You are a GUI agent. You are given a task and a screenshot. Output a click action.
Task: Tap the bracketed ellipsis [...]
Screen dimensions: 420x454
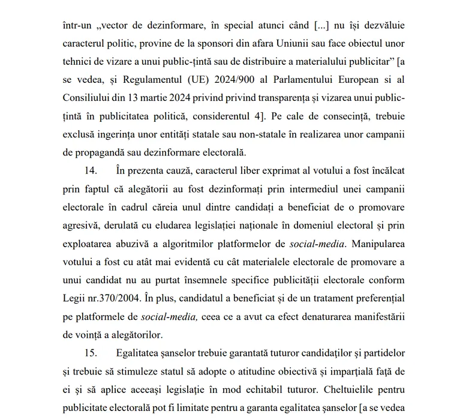tap(321, 26)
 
